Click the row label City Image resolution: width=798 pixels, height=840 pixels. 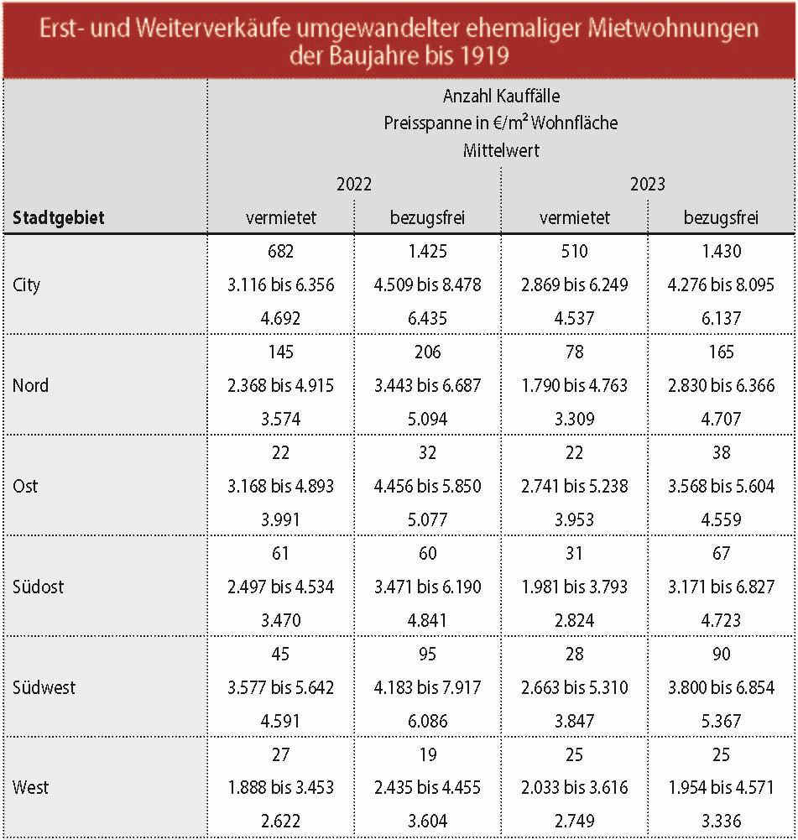(26, 285)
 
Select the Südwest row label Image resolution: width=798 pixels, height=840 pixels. (44, 687)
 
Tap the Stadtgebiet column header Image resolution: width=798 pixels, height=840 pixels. (59, 217)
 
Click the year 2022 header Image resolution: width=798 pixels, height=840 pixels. (354, 185)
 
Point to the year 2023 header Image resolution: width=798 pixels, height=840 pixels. (648, 185)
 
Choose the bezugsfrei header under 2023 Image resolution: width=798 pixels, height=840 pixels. (721, 217)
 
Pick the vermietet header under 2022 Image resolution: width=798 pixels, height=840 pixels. (280, 217)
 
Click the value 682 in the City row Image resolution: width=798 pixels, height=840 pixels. (280, 251)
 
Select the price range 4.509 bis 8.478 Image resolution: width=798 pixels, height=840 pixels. (427, 285)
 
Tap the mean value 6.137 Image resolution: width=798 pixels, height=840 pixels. (721, 318)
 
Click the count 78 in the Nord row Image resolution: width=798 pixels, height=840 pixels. (574, 352)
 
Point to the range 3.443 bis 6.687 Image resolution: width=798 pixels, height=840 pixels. (427, 386)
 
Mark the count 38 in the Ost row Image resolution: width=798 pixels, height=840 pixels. (721, 452)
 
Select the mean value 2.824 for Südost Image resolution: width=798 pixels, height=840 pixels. (574, 620)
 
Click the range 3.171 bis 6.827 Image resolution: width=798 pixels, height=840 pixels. (721, 587)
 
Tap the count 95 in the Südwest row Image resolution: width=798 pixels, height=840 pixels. (427, 654)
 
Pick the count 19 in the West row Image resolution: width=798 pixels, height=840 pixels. (427, 754)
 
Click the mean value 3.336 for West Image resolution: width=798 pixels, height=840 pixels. (721, 821)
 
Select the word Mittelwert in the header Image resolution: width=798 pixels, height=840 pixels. (501, 150)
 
